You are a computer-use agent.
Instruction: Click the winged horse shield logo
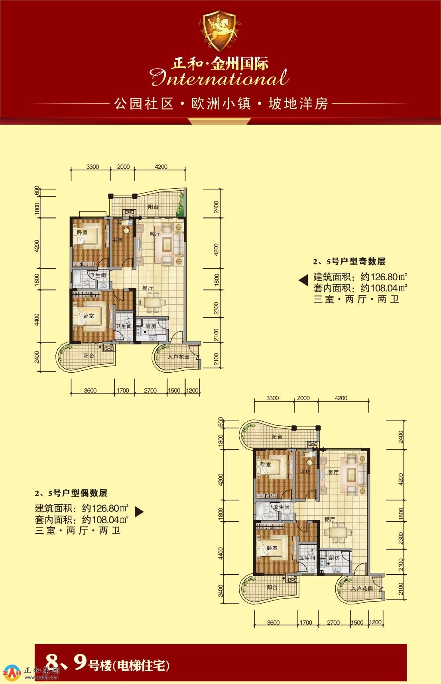(x=220, y=31)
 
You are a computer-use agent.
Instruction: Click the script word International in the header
(x=220, y=78)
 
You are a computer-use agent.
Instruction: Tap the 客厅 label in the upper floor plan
(x=155, y=234)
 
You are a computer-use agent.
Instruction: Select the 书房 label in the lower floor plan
(x=305, y=472)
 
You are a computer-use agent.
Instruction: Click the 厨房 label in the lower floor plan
(x=334, y=558)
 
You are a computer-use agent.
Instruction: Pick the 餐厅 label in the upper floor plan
(x=148, y=287)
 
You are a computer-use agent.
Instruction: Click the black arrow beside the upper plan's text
(x=303, y=280)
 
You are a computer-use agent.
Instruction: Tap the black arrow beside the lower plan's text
(x=139, y=512)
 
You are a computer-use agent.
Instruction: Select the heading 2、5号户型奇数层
(x=349, y=262)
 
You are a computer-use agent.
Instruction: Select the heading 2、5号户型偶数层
(x=71, y=493)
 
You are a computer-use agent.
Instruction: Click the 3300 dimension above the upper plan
(x=93, y=167)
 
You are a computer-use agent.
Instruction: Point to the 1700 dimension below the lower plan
(x=306, y=622)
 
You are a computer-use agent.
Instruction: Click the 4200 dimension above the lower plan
(x=341, y=398)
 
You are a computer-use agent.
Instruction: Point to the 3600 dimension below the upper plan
(x=90, y=391)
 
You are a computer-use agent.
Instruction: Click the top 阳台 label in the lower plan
(x=277, y=437)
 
